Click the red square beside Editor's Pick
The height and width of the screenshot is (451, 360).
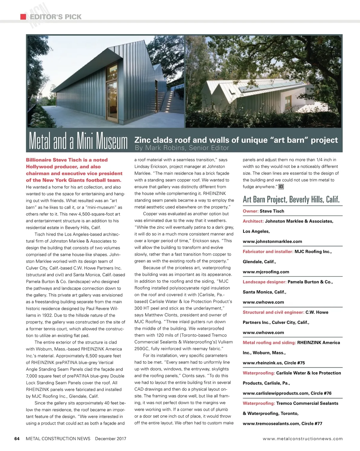(23, 17)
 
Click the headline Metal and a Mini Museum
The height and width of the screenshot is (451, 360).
(78, 141)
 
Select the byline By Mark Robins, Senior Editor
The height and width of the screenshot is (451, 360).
(182, 148)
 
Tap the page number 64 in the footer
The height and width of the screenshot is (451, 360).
(17, 439)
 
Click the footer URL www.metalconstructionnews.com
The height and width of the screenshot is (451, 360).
(302, 439)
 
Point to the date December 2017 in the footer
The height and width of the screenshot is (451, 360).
(110, 439)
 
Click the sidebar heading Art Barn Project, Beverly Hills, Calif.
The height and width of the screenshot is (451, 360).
(291, 199)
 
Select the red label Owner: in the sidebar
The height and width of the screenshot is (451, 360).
(250, 211)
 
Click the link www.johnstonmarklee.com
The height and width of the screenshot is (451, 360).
(272, 241)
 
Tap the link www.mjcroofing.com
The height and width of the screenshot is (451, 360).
(266, 272)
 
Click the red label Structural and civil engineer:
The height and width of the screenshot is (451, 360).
(273, 312)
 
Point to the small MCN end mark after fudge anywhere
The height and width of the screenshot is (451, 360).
(281, 187)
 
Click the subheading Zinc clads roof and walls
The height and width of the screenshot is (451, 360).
(236, 140)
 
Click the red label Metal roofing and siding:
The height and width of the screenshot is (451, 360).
(269, 342)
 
